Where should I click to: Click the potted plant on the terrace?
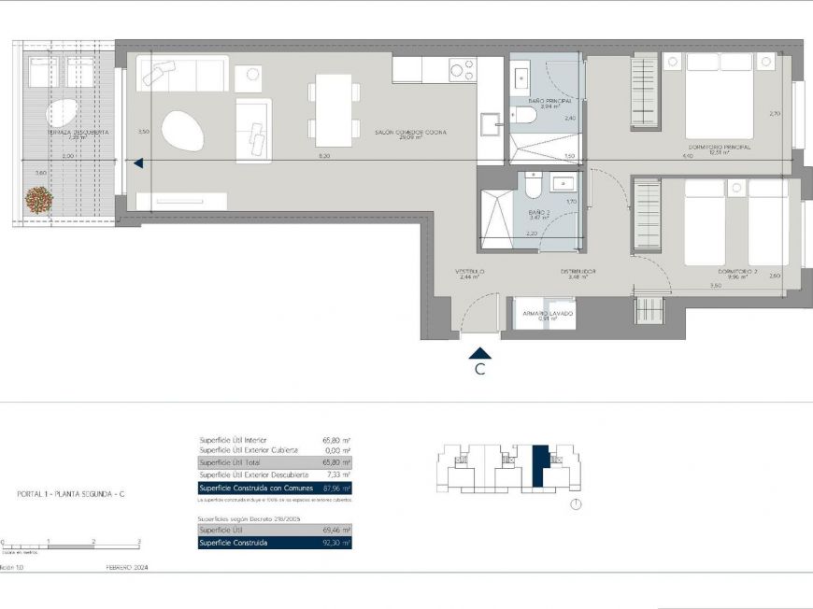38,199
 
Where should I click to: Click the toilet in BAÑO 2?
532,189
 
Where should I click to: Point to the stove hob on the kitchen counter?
461,69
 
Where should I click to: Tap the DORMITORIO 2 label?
736,273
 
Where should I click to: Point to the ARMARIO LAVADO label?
547,315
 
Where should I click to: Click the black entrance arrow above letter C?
479,353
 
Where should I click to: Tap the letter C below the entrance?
479,370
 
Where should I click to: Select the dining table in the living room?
334,109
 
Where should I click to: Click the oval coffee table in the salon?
182,132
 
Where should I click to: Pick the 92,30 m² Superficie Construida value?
334,543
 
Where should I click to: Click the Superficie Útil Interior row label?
234,439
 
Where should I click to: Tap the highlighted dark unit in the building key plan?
539,465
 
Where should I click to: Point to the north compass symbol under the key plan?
576,504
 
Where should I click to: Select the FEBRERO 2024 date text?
126,567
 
